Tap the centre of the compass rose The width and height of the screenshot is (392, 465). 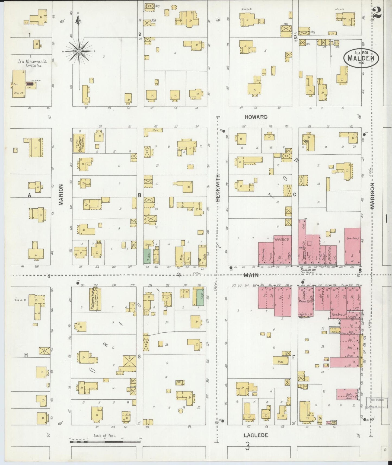coord(79,51)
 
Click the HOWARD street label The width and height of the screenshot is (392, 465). coord(256,117)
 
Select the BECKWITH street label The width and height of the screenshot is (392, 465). coord(218,188)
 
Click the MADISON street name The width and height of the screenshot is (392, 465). coord(372,195)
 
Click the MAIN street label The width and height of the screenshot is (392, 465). coord(251,275)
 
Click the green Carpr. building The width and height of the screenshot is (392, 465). coord(200,297)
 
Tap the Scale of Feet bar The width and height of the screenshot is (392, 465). coord(105,442)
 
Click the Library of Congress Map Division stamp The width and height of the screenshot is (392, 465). coord(377,403)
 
